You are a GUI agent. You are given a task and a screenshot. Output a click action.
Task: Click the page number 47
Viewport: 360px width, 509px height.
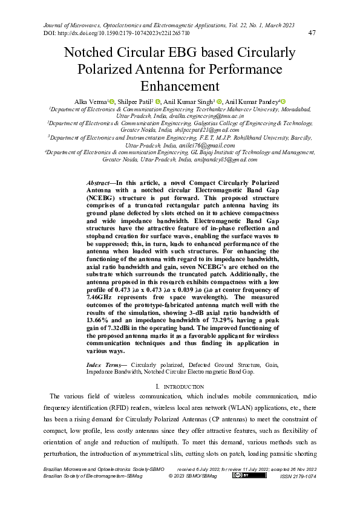(312, 33)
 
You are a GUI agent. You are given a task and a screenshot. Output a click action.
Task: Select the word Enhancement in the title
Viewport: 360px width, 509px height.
(180, 85)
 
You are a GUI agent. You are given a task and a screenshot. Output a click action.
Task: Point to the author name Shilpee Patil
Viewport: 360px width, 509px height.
(135, 102)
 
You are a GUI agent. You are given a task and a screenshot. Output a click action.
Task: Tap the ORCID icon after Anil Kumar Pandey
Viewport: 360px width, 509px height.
(283, 101)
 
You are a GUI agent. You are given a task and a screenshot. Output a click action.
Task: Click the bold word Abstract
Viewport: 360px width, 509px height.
(100, 183)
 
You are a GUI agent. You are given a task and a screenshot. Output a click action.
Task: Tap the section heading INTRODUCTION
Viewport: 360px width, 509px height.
(183, 386)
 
